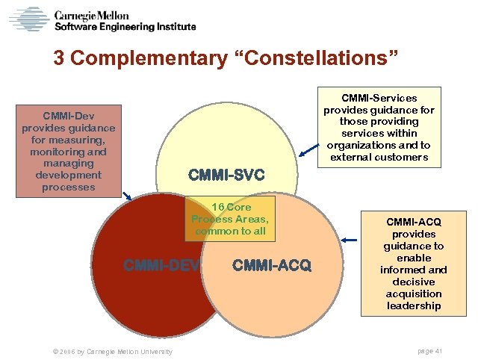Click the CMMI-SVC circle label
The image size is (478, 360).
(x=227, y=176)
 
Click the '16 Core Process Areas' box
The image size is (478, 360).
(x=230, y=218)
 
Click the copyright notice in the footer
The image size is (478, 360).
(x=109, y=351)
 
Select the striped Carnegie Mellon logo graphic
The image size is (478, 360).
(x=28, y=19)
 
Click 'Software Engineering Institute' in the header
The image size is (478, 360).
(x=125, y=27)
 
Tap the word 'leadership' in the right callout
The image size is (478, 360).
(x=415, y=305)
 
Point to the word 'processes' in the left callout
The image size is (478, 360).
(x=69, y=187)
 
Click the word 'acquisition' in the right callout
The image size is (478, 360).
(x=415, y=294)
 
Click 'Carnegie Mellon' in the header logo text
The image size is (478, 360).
(x=91, y=15)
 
